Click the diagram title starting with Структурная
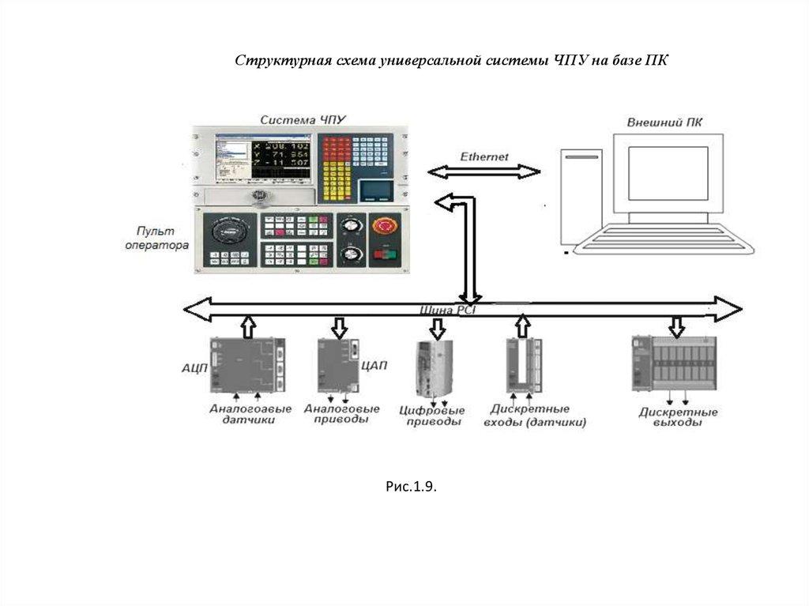[451, 62]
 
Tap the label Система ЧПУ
[303, 119]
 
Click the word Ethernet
[484, 156]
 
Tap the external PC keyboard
[664, 239]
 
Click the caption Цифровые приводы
[434, 416]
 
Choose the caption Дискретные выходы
[678, 417]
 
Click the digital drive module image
[433, 367]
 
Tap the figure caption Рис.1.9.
[411, 487]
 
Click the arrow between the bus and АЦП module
[247, 326]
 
